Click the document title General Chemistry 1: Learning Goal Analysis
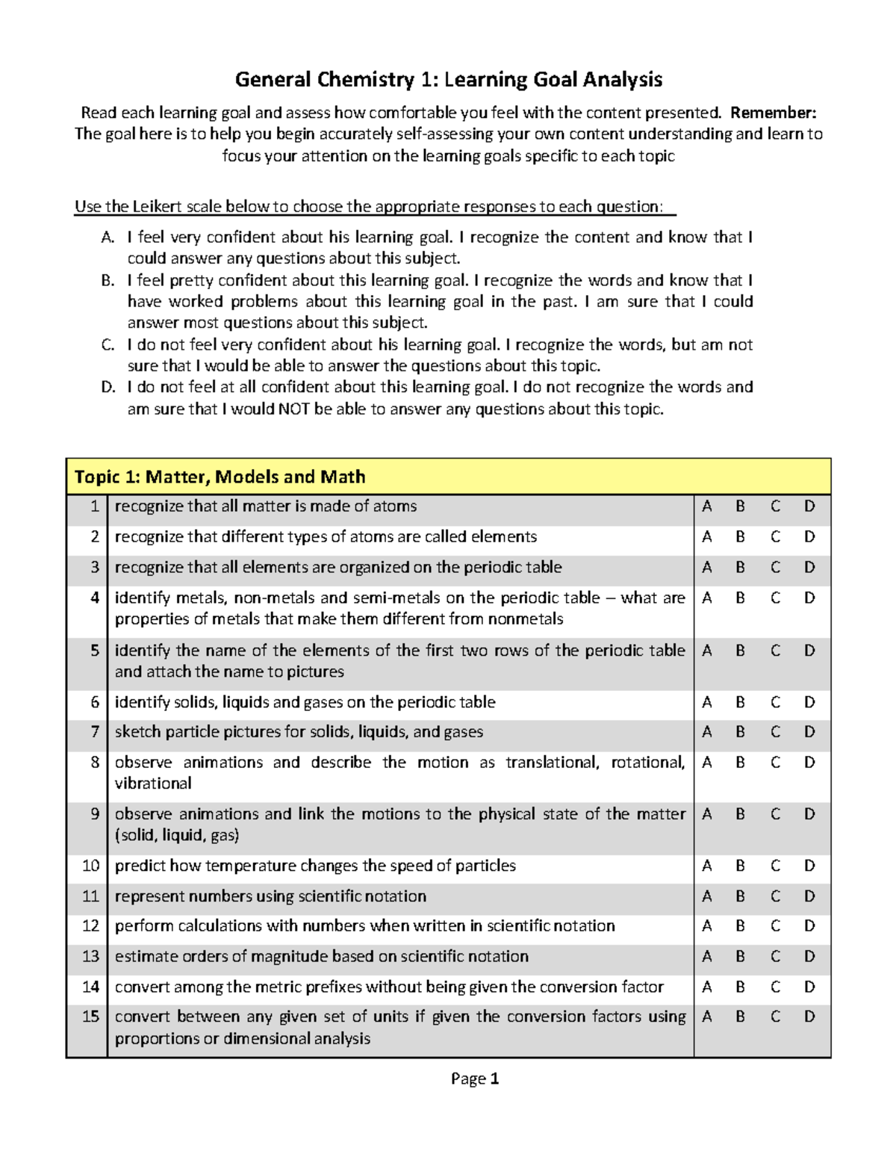point(448,79)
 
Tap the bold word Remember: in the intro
point(773,113)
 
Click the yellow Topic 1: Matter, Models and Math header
point(220,477)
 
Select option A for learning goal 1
point(706,506)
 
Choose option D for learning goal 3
point(809,568)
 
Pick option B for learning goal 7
point(740,732)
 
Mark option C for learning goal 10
point(775,866)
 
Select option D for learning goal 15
point(809,1017)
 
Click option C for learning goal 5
point(775,651)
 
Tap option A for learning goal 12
point(706,926)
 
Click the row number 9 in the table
point(94,814)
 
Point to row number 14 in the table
point(90,987)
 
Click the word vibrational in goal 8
point(153,784)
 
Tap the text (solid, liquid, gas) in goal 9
point(177,835)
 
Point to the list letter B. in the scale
point(108,281)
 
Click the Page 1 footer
point(475,1079)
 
